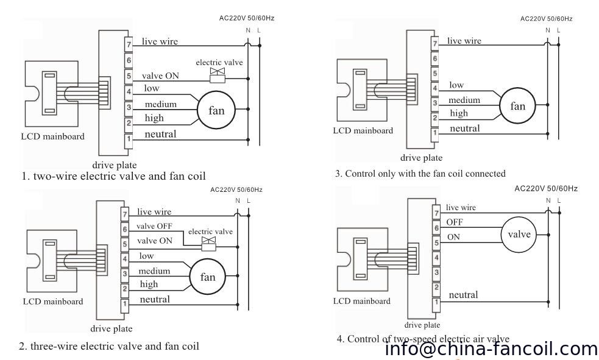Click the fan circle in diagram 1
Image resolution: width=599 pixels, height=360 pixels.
click(x=216, y=110)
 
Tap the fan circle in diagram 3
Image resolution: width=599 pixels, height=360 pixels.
click(x=517, y=105)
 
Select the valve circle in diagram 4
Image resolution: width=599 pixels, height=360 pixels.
click(x=519, y=235)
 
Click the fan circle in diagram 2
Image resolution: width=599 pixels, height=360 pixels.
click(x=204, y=277)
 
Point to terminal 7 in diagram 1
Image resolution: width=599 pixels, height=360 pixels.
click(x=129, y=44)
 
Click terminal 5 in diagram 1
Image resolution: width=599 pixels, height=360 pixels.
click(x=129, y=76)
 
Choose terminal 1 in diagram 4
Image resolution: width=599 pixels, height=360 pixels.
click(x=436, y=302)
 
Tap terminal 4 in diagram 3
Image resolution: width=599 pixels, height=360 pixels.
click(x=434, y=88)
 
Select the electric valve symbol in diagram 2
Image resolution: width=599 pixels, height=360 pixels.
click(x=209, y=242)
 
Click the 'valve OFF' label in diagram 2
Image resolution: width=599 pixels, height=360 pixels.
click(x=154, y=225)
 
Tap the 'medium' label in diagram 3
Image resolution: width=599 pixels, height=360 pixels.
click(x=464, y=100)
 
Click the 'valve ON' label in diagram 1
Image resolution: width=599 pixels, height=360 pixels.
click(x=160, y=76)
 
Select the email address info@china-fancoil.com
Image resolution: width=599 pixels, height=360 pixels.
click(x=492, y=349)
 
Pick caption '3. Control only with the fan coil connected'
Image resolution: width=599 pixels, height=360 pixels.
click(x=420, y=173)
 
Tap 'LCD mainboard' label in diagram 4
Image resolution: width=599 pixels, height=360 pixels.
click(x=363, y=302)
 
